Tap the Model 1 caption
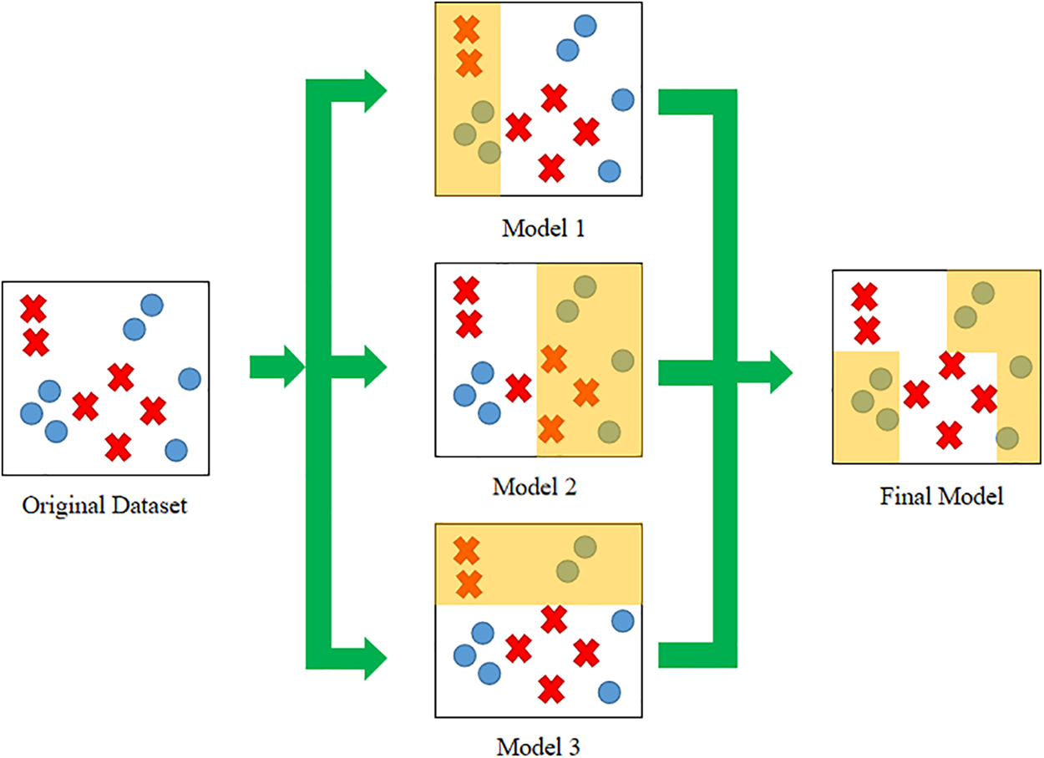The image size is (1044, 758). [x=544, y=227]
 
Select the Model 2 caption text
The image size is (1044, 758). [x=535, y=486]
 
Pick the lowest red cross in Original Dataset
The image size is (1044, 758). [x=118, y=447]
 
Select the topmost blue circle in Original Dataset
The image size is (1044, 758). [x=151, y=306]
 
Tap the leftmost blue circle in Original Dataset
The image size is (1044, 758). [x=32, y=413]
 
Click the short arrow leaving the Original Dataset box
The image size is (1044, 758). [x=277, y=366]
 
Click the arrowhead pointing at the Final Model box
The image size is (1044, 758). [x=778, y=371]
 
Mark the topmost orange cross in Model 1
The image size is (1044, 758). [x=467, y=30]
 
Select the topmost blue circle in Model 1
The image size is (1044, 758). [x=585, y=26]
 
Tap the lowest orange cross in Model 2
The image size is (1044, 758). [x=550, y=428]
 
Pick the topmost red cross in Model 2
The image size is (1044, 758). [x=466, y=291]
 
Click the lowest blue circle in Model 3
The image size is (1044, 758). [x=609, y=692]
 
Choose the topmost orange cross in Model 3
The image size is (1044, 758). [x=466, y=550]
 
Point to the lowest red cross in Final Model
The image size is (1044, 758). [x=948, y=435]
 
